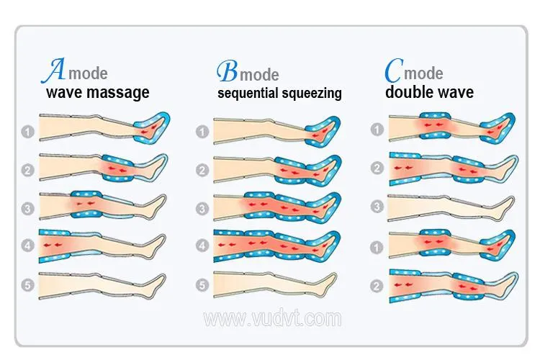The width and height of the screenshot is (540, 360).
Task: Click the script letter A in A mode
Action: click(53, 71)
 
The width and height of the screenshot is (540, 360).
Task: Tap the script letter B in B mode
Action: click(228, 71)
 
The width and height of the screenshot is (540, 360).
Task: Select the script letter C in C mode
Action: click(394, 70)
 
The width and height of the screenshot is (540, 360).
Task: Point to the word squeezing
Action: click(311, 94)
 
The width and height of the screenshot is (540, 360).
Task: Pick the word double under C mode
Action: click(408, 91)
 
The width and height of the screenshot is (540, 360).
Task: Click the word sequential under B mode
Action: click(248, 94)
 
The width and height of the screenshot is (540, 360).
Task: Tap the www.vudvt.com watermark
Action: click(272, 318)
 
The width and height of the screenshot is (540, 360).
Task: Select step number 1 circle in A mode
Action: click(28, 132)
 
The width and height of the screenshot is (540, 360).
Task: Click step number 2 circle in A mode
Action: click(28, 170)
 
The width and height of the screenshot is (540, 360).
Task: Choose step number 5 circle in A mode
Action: click(28, 285)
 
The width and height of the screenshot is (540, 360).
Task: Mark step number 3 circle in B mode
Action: click(202, 209)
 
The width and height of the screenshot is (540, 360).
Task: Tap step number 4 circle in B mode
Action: click(202, 246)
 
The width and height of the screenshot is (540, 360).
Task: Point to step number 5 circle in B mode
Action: click(202, 285)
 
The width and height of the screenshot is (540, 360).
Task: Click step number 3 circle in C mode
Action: click(377, 207)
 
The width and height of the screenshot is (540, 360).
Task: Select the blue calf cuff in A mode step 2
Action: click(118, 168)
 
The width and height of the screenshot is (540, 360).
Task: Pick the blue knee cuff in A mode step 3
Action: click(86, 204)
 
